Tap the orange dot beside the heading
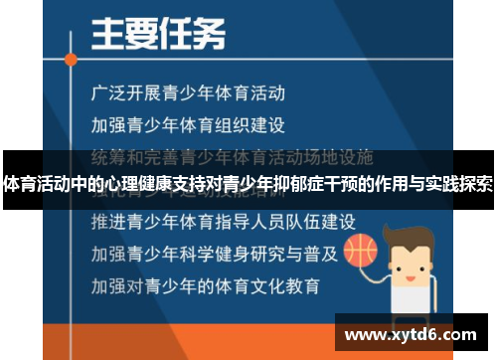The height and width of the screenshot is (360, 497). pos(70,59)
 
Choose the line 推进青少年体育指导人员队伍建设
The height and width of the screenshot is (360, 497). pos(223,219)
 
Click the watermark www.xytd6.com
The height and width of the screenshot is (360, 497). pos(410,335)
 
